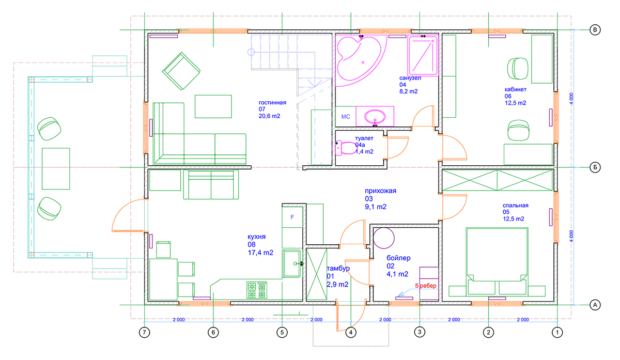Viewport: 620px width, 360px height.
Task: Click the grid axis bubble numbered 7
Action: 144,332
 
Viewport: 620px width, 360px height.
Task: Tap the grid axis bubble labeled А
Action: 595,305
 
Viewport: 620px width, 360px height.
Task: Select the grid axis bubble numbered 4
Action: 351,332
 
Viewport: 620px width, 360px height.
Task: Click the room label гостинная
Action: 272,103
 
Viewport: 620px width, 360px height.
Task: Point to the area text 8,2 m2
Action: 409,91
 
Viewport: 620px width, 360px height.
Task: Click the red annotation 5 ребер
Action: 426,286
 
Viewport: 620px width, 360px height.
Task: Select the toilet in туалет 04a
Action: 346,148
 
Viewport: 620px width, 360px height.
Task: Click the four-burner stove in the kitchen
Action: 257,290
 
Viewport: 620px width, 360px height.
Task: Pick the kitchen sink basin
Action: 291,264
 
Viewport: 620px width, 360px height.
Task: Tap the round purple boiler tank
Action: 383,238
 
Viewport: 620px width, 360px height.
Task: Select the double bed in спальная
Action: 497,261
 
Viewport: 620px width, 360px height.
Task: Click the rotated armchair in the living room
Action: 181,71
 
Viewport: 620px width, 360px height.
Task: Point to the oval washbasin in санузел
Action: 375,117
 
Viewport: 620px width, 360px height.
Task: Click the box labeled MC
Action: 346,117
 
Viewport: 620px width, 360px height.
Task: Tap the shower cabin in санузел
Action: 423,56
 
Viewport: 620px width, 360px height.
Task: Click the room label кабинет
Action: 516,89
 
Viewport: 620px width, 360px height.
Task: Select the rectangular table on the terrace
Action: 56,168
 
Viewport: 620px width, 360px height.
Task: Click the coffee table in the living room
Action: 213,106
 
